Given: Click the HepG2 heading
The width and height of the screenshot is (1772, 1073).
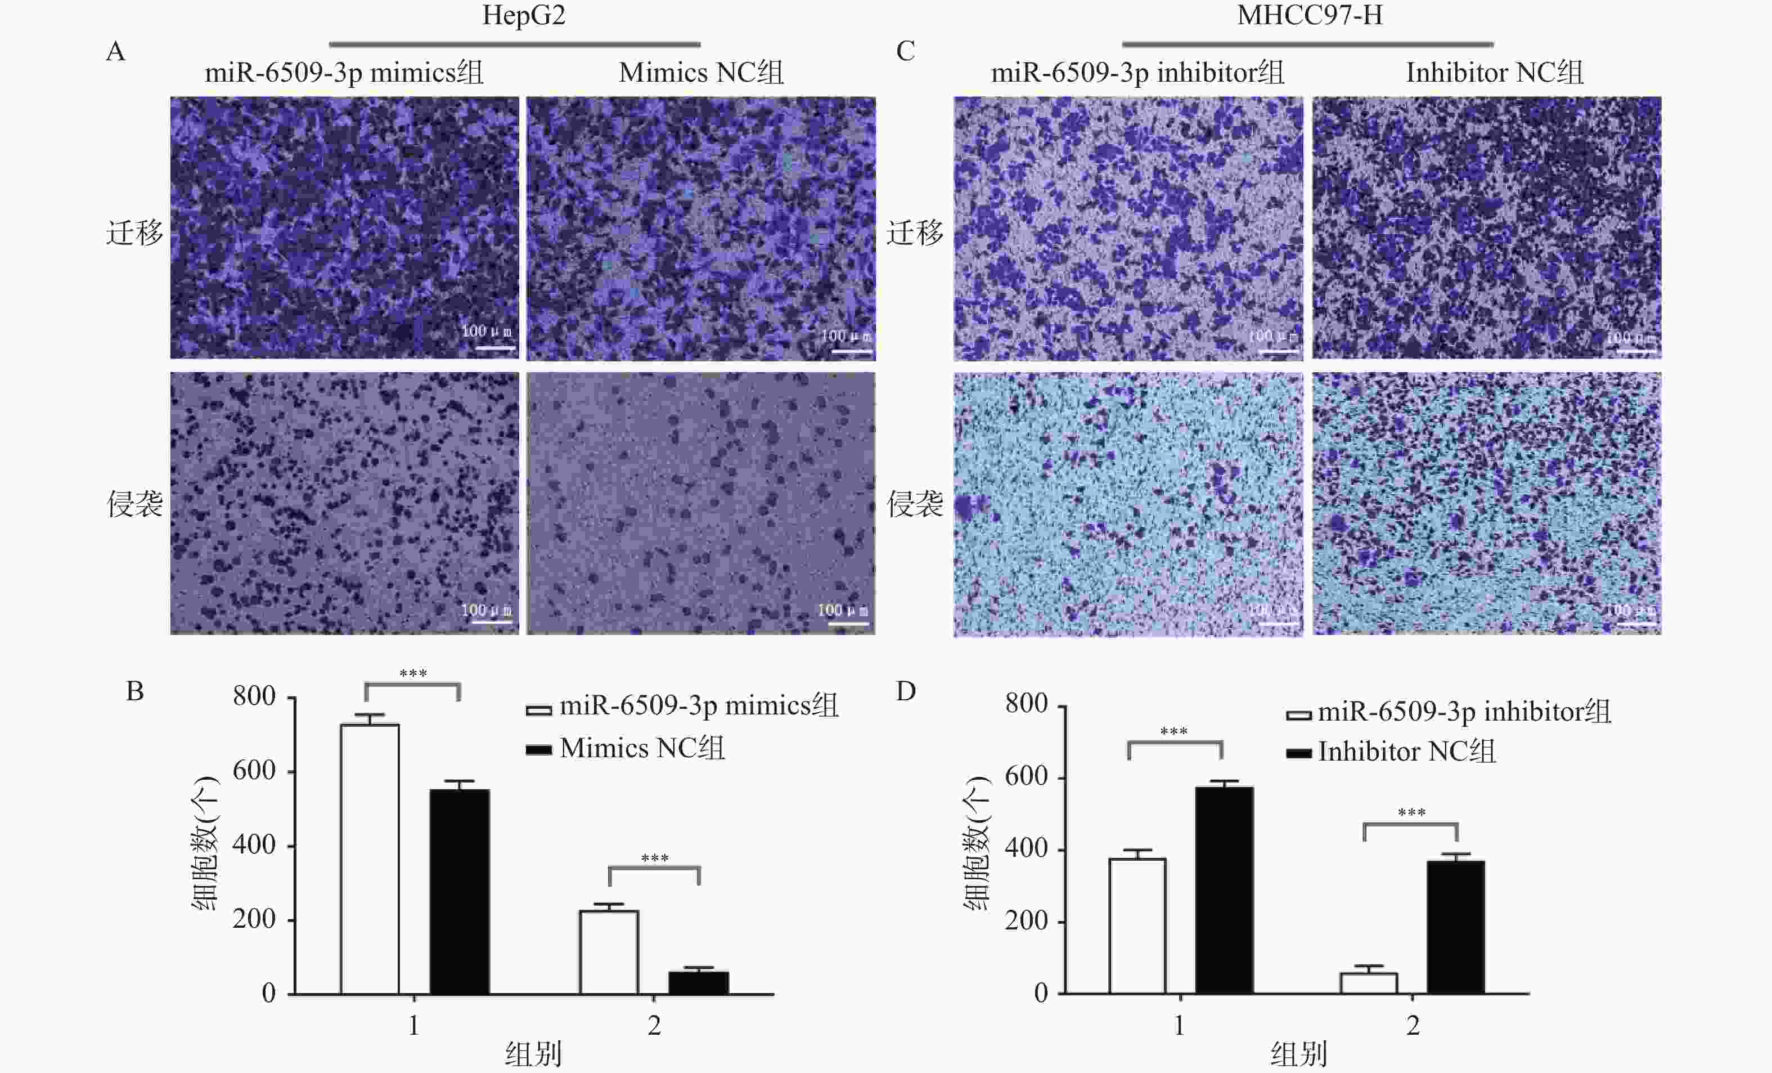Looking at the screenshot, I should (524, 16).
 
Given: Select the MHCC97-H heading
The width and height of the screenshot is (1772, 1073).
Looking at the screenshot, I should (1309, 16).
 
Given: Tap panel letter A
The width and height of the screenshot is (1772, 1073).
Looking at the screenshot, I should (116, 52).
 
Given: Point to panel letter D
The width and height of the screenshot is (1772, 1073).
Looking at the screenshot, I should (906, 691).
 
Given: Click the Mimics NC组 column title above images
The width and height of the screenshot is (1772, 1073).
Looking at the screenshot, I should (700, 73).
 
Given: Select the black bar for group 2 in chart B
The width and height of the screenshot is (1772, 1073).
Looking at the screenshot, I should (698, 983).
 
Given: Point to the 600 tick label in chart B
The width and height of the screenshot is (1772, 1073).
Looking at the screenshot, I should (254, 771).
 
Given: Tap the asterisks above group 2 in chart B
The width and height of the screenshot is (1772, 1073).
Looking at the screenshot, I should (654, 858).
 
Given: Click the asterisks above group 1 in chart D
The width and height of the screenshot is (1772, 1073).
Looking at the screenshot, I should (1173, 731).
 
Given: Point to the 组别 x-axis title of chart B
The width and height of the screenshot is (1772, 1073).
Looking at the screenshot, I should (533, 1055).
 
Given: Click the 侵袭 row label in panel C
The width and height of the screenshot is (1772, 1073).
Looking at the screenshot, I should (914, 504).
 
